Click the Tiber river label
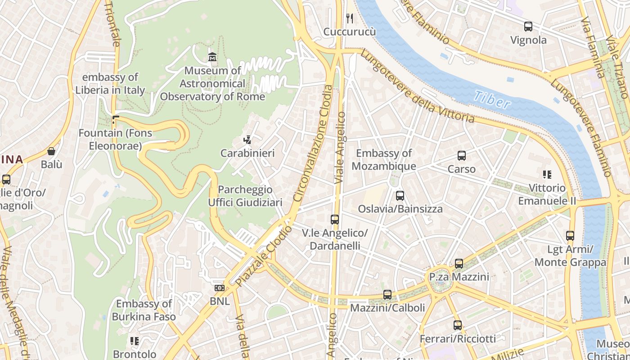492,100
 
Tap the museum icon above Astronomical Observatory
212,57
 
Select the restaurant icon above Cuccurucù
349,18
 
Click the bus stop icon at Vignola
528,27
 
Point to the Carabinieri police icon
247,140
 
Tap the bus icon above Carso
462,156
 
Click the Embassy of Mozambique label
384,160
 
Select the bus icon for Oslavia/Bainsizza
400,196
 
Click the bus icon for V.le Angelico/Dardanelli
335,220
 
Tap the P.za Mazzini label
459,277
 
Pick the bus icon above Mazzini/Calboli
387,295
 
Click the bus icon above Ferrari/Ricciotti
458,325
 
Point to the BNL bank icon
220,288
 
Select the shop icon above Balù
51,151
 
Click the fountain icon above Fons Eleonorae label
115,120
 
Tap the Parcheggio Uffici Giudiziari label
245,196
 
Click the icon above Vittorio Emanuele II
547,175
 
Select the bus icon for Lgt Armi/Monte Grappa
570,236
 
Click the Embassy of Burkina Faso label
144,310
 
